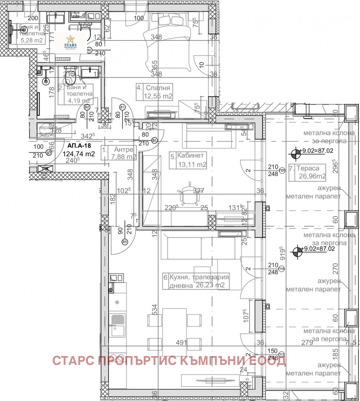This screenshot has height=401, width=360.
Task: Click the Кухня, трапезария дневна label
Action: [197, 281]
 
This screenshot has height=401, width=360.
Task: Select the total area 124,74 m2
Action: [79, 154]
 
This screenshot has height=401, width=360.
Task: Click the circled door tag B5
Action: [125, 242]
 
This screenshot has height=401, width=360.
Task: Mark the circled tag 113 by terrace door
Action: [282, 354]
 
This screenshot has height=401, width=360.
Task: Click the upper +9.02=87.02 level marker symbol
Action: [296, 152]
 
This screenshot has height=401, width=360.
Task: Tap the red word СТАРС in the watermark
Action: [73, 360]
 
